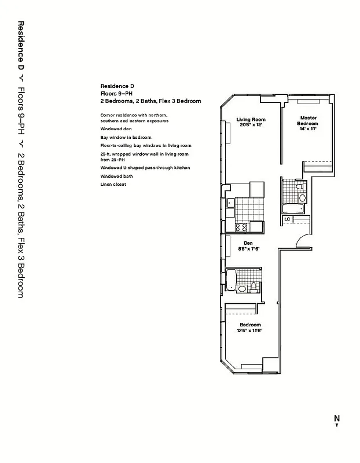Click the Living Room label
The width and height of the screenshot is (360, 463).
click(x=250, y=120)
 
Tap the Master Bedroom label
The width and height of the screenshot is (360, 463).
click(x=307, y=120)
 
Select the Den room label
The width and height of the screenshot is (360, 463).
click(x=248, y=243)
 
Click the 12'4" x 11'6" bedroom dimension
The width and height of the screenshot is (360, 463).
click(x=250, y=331)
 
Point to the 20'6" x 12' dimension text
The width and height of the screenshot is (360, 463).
click(x=250, y=125)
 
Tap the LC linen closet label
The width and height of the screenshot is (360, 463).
click(x=287, y=220)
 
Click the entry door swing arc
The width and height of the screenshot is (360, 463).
click(x=302, y=240)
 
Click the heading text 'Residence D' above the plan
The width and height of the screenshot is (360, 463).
click(x=117, y=86)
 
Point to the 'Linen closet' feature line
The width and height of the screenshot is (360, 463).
click(x=113, y=184)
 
